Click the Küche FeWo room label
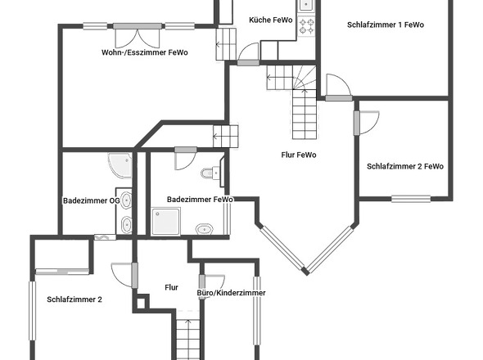click(x=270, y=20)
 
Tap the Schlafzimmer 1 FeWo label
click(x=386, y=25)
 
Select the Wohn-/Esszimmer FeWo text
click(x=144, y=52)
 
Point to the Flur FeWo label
click(x=299, y=155)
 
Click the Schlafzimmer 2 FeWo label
click(x=405, y=166)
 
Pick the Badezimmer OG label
click(x=92, y=200)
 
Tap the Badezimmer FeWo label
click(x=200, y=200)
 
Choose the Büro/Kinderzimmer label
click(x=231, y=293)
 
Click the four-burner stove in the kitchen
click(x=307, y=26)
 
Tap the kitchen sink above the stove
click(x=306, y=5)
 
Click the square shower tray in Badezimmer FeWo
click(x=165, y=222)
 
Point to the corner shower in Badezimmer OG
click(x=120, y=165)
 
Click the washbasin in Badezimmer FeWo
click(x=205, y=229)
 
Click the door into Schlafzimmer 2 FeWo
click(x=356, y=123)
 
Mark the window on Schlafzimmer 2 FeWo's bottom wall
click(x=411, y=199)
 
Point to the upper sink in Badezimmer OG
click(x=126, y=200)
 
